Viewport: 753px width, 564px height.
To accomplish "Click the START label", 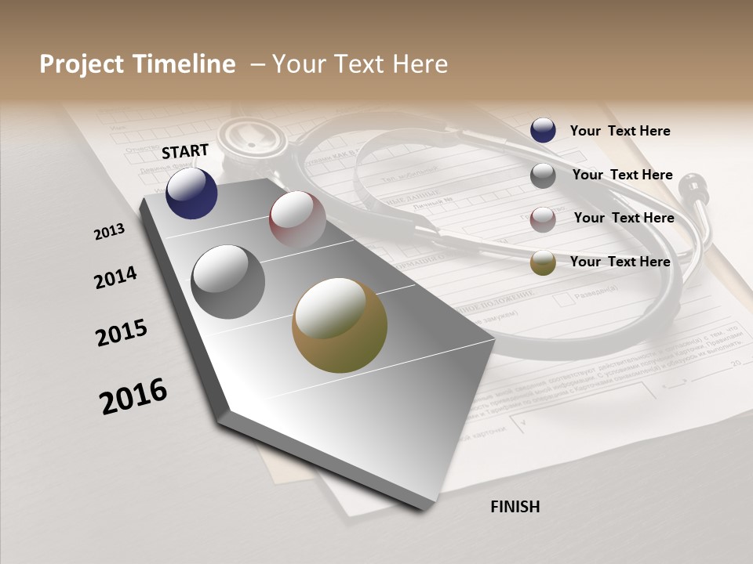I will point(185,151).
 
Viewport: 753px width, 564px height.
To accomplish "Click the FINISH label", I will point(515,507).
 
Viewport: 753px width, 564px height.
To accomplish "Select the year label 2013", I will point(109,232).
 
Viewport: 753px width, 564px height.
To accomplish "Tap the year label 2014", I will point(115,278).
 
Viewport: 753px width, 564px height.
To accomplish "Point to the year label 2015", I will point(122,333).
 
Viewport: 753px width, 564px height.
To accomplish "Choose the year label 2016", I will point(133,396).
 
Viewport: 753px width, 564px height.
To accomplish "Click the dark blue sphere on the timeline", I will point(191,193).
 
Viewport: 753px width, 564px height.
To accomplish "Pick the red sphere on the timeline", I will point(297,219).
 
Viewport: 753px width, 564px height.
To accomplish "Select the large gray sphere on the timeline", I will point(227,282).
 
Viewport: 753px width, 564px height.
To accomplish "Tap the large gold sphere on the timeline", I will point(340,325).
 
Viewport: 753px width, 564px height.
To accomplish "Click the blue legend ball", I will point(543,131).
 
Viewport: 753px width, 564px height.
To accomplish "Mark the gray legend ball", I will point(543,175).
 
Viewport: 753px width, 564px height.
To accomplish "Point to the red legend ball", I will point(543,219).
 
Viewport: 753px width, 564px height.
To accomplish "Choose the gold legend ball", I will point(543,262).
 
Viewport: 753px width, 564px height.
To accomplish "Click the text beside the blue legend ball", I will point(620,131).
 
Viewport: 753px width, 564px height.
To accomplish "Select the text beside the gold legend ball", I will point(620,262).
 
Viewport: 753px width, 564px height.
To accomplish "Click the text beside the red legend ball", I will point(624,218).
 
